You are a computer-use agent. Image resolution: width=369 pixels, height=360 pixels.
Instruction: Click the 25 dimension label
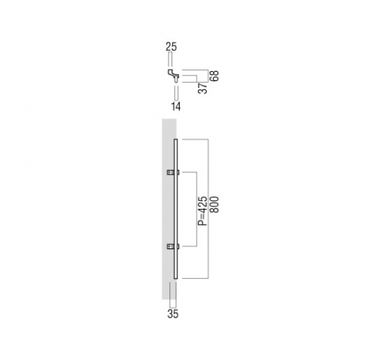pyautogui.click(x=171, y=47)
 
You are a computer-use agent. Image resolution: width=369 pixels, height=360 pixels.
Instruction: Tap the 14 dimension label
pyautogui.click(x=176, y=106)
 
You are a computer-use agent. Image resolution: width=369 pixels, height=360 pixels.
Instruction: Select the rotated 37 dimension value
pyautogui.click(x=203, y=88)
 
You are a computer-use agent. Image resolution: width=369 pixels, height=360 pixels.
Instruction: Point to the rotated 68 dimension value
pyautogui.click(x=214, y=75)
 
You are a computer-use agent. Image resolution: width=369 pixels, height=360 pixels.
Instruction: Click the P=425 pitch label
pyautogui.click(x=203, y=211)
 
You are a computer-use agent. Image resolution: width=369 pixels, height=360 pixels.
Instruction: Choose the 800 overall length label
pyautogui.click(x=214, y=205)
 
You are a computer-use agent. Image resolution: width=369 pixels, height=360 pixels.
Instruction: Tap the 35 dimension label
pyautogui.click(x=173, y=314)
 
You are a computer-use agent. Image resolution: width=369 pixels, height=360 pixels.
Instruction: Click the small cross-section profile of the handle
pyautogui.click(x=174, y=75)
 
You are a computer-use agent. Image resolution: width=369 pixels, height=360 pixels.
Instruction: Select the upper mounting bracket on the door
pyautogui.click(x=173, y=172)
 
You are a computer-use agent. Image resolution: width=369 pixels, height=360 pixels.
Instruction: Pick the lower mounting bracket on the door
pyautogui.click(x=173, y=246)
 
